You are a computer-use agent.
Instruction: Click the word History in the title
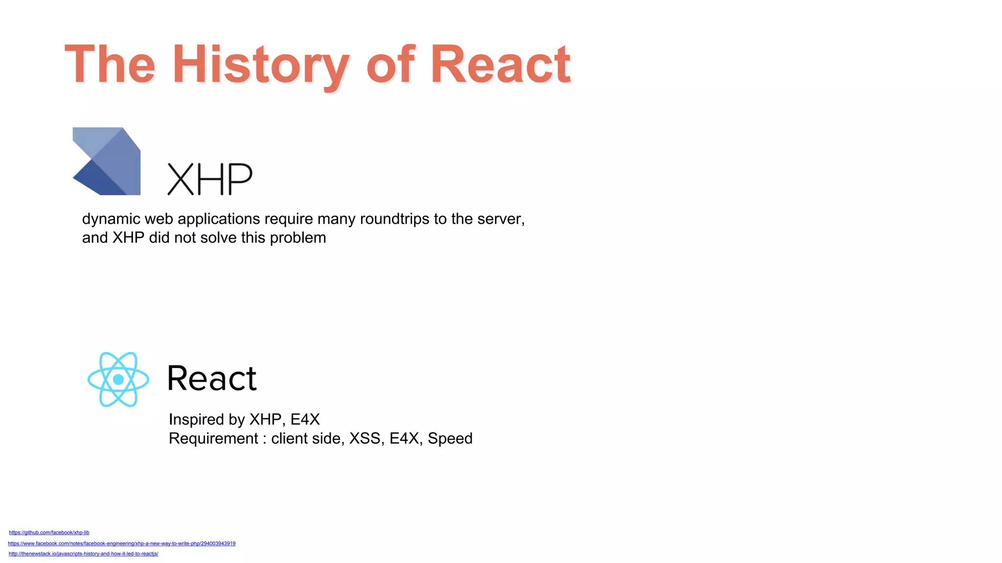coord(260,65)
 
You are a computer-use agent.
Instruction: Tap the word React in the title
coord(500,65)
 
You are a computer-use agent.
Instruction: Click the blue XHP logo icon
coord(107,161)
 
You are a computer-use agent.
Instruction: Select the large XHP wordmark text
coord(210,179)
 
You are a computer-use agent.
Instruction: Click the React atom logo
coord(118,379)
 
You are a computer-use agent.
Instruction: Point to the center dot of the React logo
coord(118,379)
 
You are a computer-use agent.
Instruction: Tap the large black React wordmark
coord(212,378)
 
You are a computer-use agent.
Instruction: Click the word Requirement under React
coord(213,438)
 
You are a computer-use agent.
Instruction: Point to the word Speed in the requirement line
coord(450,438)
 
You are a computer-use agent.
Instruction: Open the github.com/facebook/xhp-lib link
coord(49,533)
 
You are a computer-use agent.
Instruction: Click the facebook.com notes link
coord(122,543)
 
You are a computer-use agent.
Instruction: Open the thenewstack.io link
coord(84,554)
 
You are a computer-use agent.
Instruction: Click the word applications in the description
coord(219,219)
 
